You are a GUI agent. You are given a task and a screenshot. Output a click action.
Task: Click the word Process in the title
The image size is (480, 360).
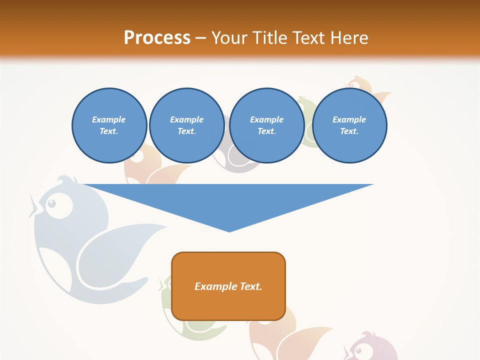tap(157, 38)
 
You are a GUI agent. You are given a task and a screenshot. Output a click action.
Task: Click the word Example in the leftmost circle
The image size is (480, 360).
tap(109, 119)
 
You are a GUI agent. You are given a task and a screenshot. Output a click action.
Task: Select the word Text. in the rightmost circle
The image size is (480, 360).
tap(349, 131)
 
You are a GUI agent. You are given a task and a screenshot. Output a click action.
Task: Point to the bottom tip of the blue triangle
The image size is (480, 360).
tap(229, 231)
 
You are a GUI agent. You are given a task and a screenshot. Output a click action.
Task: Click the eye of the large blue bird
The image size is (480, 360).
tap(51, 204)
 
